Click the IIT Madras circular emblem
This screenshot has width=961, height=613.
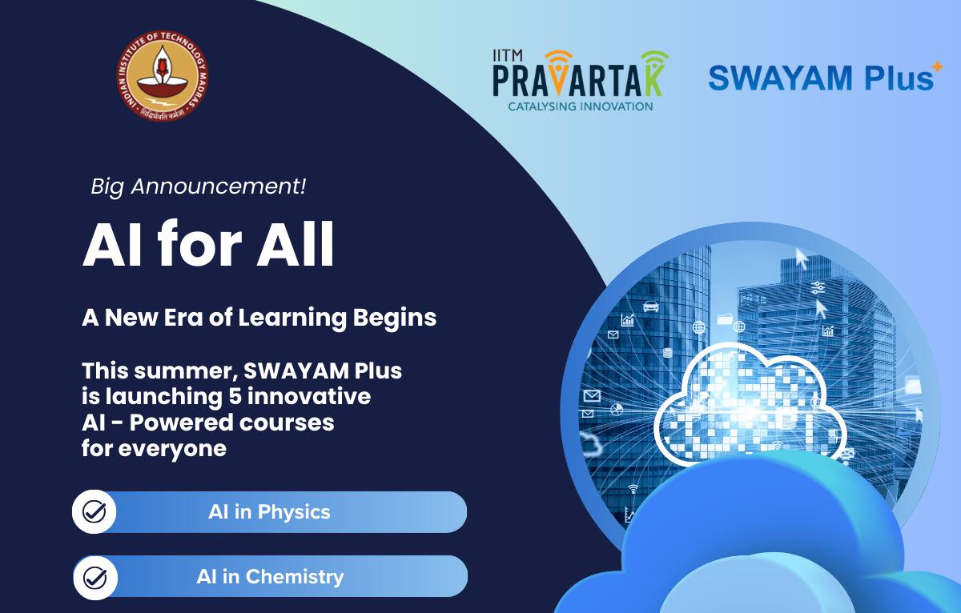tap(163, 75)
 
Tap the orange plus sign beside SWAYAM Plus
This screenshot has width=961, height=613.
tap(938, 67)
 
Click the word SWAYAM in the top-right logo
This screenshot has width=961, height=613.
tap(780, 78)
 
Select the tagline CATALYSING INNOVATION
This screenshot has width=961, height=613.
tap(581, 106)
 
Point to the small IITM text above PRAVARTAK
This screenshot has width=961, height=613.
tap(508, 55)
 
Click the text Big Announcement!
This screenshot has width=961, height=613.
tap(199, 187)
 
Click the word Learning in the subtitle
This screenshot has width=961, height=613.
tap(292, 319)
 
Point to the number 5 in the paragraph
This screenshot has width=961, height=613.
tap(235, 396)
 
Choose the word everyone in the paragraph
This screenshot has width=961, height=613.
tap(172, 449)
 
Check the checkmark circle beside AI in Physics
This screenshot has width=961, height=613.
tap(94, 511)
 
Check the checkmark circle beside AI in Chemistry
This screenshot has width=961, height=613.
tap(95, 578)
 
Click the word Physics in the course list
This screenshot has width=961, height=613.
tap(294, 513)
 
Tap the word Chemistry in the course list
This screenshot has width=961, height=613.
tap(295, 576)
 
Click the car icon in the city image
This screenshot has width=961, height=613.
tap(651, 306)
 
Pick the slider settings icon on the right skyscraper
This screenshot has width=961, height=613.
tap(818, 287)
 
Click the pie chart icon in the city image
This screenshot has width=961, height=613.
tap(617, 410)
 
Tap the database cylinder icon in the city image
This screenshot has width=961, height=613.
tap(667, 353)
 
